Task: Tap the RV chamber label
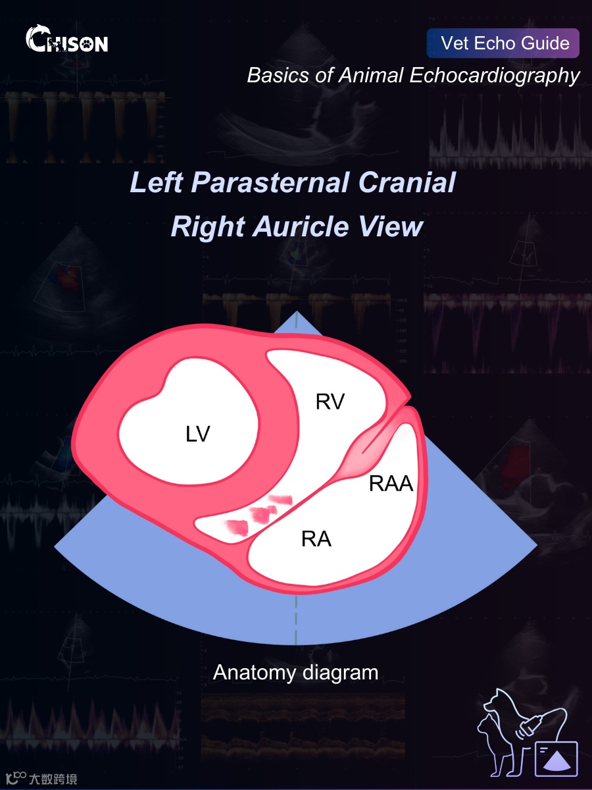[x=330, y=402]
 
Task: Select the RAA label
[x=391, y=485]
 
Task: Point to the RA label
[x=316, y=539]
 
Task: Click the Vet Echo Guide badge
[x=503, y=43]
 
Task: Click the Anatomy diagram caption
[x=295, y=672]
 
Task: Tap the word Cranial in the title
[x=414, y=182]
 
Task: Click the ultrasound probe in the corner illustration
[x=533, y=724]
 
